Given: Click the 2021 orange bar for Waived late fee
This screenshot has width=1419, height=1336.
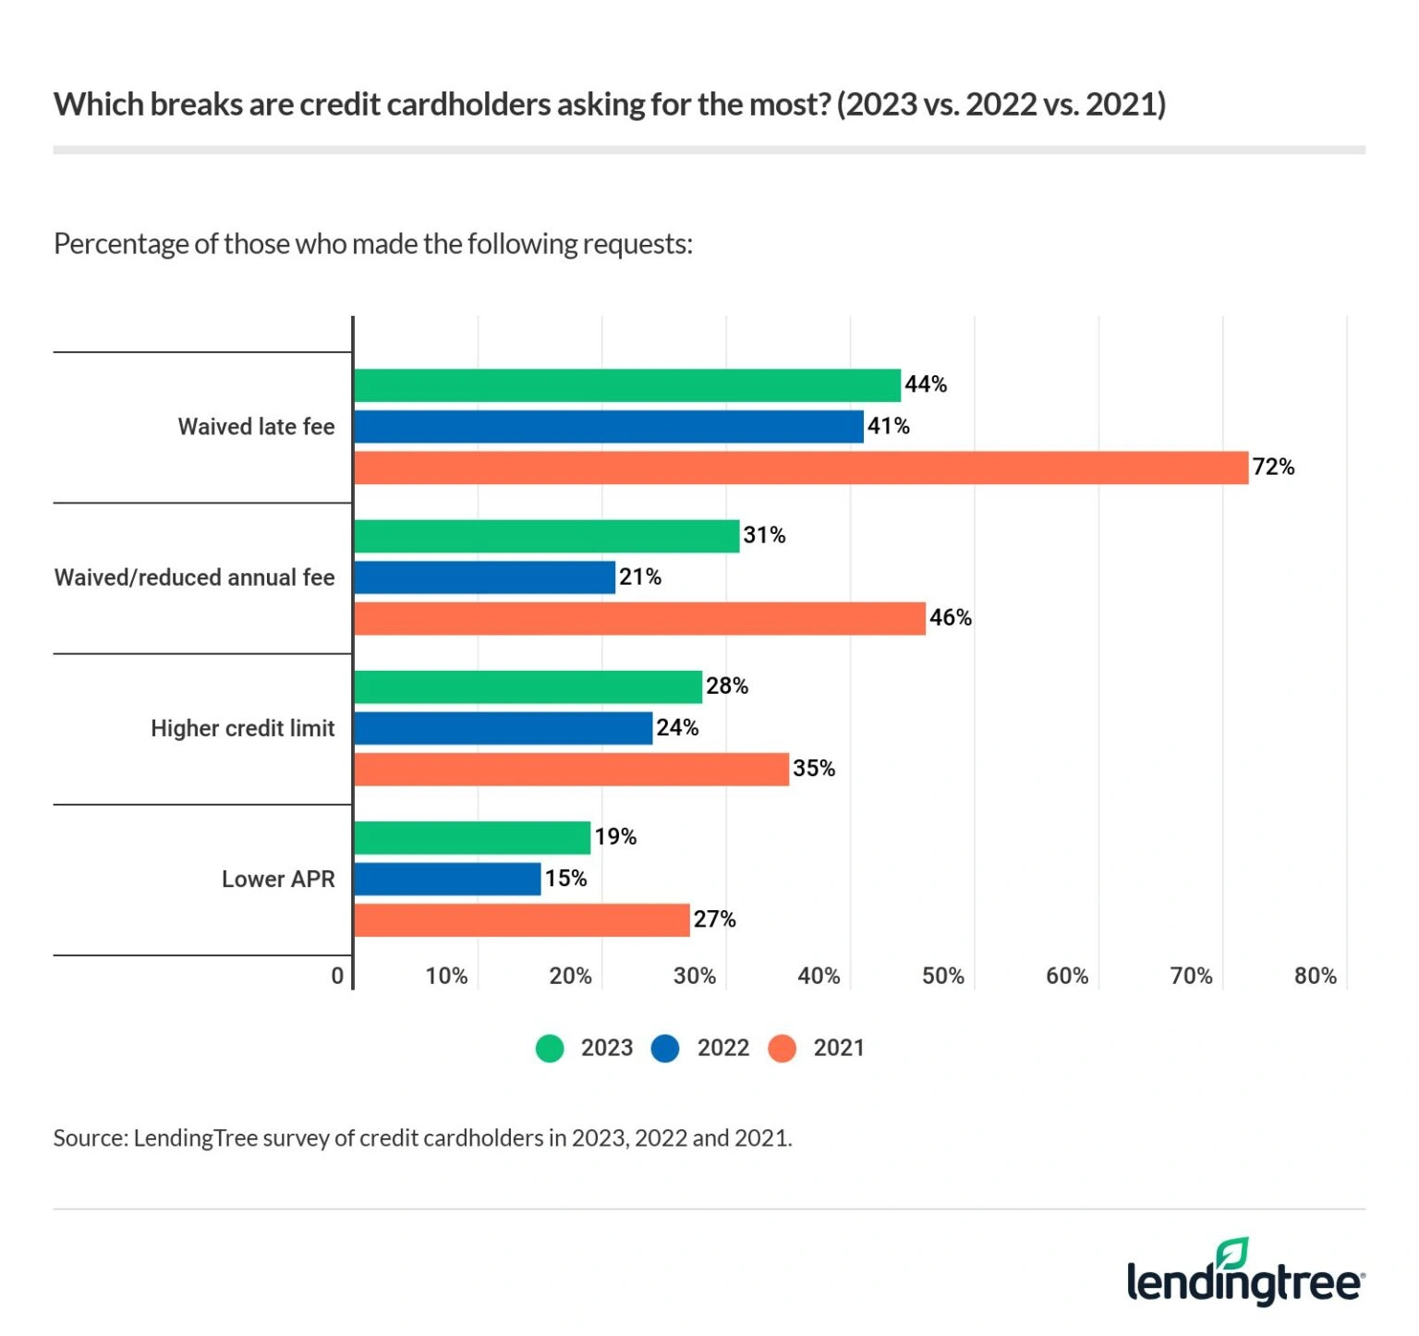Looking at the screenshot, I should coord(800,468).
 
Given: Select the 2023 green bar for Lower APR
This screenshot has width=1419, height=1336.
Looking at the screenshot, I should coord(471,838).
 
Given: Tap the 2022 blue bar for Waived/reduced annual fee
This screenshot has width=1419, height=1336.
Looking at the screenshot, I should coord(484,577).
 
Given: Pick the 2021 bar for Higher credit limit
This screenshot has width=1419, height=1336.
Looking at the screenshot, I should coord(571,770).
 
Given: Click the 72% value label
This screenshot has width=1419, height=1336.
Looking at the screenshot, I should coord(1273,468).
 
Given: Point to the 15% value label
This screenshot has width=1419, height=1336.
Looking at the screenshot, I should coord(565,879).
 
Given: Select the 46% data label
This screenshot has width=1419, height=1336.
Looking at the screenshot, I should coord(950,618).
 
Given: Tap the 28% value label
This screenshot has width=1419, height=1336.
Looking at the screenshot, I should coord(727,686).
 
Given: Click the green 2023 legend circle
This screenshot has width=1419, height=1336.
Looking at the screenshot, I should coord(550,1049).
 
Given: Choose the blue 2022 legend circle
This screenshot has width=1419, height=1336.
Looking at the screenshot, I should coord(665,1049).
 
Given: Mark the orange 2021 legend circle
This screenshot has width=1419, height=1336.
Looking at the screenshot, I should coord(782,1049).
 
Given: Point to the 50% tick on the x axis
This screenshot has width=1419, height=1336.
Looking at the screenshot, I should coord(942,977).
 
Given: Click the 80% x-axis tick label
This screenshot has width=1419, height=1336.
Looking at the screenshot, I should coord(1315,977).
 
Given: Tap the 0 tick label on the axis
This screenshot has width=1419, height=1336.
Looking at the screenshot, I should coord(337,977).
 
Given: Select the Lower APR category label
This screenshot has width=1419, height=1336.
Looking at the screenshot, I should coord(278,880).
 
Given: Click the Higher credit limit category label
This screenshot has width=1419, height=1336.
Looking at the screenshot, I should coord(242,729).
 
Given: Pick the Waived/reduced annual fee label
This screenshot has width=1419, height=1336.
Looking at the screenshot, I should coord(194,578).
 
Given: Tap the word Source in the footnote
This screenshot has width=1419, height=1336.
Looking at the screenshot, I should coord(90,1138).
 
